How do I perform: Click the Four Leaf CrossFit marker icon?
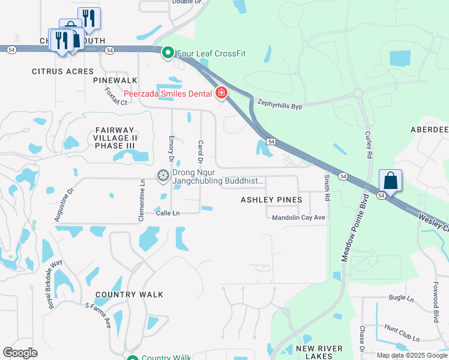pos(168,53)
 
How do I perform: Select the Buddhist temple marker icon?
pos(163,176)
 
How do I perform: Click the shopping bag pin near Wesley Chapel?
pos(390,181)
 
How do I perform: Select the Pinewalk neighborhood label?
pos(115,80)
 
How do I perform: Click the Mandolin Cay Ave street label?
pos(298,218)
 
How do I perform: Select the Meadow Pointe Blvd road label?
pos(355,227)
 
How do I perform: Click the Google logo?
pos(20,353)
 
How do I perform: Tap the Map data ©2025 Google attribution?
pos(411,355)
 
